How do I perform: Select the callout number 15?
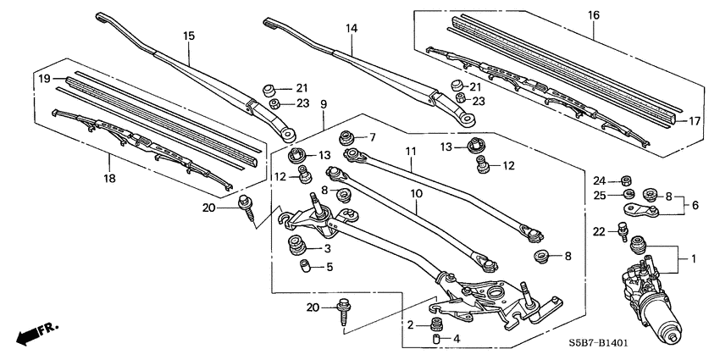click(189, 36)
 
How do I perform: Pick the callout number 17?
click(695, 121)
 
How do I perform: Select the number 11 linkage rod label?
click(410, 151)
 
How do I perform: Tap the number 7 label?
click(371, 137)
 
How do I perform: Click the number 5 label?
click(330, 268)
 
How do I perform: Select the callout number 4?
click(457, 339)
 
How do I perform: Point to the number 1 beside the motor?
click(694, 258)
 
